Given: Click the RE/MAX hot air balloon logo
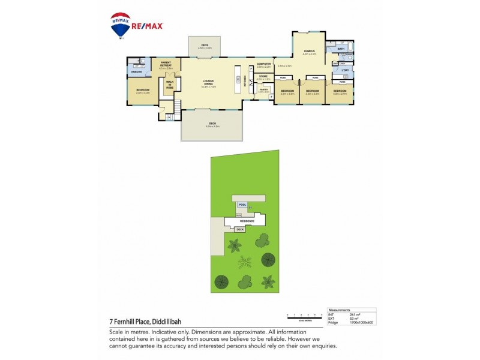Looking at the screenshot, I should tap(121, 24).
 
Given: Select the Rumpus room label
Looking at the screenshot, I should tap(309, 52).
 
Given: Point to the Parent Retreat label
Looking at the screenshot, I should tap(166, 65).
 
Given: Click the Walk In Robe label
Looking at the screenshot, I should tap(170, 84).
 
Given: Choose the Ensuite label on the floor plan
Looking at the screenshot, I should tap(137, 72).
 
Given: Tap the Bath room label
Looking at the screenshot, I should tap(341, 49).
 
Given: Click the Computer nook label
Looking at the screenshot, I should tap(264, 64).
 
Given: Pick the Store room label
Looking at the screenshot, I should tap(263, 77).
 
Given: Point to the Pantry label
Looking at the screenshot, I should tap(263, 90).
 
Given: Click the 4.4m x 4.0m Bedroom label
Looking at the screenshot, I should tap(143, 91).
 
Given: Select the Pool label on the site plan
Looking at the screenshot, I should tap(243, 205).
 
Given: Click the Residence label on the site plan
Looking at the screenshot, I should tap(244, 221).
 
